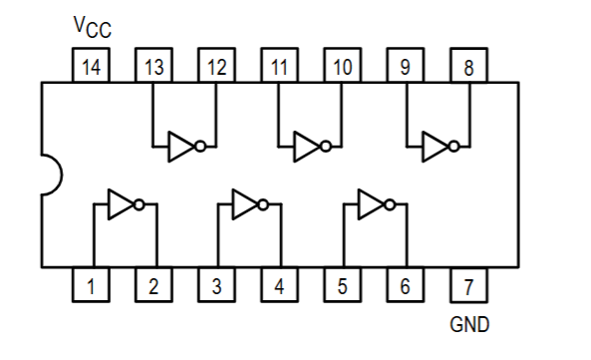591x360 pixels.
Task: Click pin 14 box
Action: (x=91, y=68)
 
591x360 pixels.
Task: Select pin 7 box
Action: (x=468, y=287)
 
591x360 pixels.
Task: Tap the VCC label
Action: (x=92, y=26)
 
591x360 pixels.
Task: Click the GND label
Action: (x=469, y=324)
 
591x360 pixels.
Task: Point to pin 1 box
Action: (x=91, y=287)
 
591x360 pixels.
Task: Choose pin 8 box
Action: (x=468, y=68)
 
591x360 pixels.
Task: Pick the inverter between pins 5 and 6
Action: (x=376, y=205)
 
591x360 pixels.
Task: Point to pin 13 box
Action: (x=153, y=68)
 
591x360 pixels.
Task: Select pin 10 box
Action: (x=342, y=68)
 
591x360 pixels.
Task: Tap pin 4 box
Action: (x=279, y=287)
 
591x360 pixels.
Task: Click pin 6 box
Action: (x=405, y=287)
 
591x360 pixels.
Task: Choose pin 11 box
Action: (x=279, y=68)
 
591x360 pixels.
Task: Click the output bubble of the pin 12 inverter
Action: (x=202, y=147)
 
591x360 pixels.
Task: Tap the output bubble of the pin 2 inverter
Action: (x=140, y=205)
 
